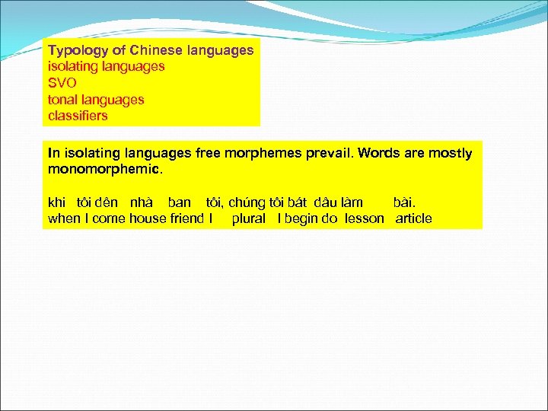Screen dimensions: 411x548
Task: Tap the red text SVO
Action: click(62, 83)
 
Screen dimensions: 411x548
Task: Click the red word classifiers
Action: click(78, 116)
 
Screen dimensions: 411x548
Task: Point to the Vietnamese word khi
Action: click(57, 202)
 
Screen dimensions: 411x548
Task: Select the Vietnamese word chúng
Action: click(247, 202)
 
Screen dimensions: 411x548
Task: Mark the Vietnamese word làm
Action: click(352, 202)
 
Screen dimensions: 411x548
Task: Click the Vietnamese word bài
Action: click(404, 202)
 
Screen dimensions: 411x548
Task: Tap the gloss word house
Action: click(147, 219)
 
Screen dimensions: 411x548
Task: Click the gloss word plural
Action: click(248, 219)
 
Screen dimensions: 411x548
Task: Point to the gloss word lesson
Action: click(364, 219)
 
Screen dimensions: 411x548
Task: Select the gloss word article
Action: click(413, 219)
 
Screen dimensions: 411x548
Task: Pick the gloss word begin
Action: click(302, 219)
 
